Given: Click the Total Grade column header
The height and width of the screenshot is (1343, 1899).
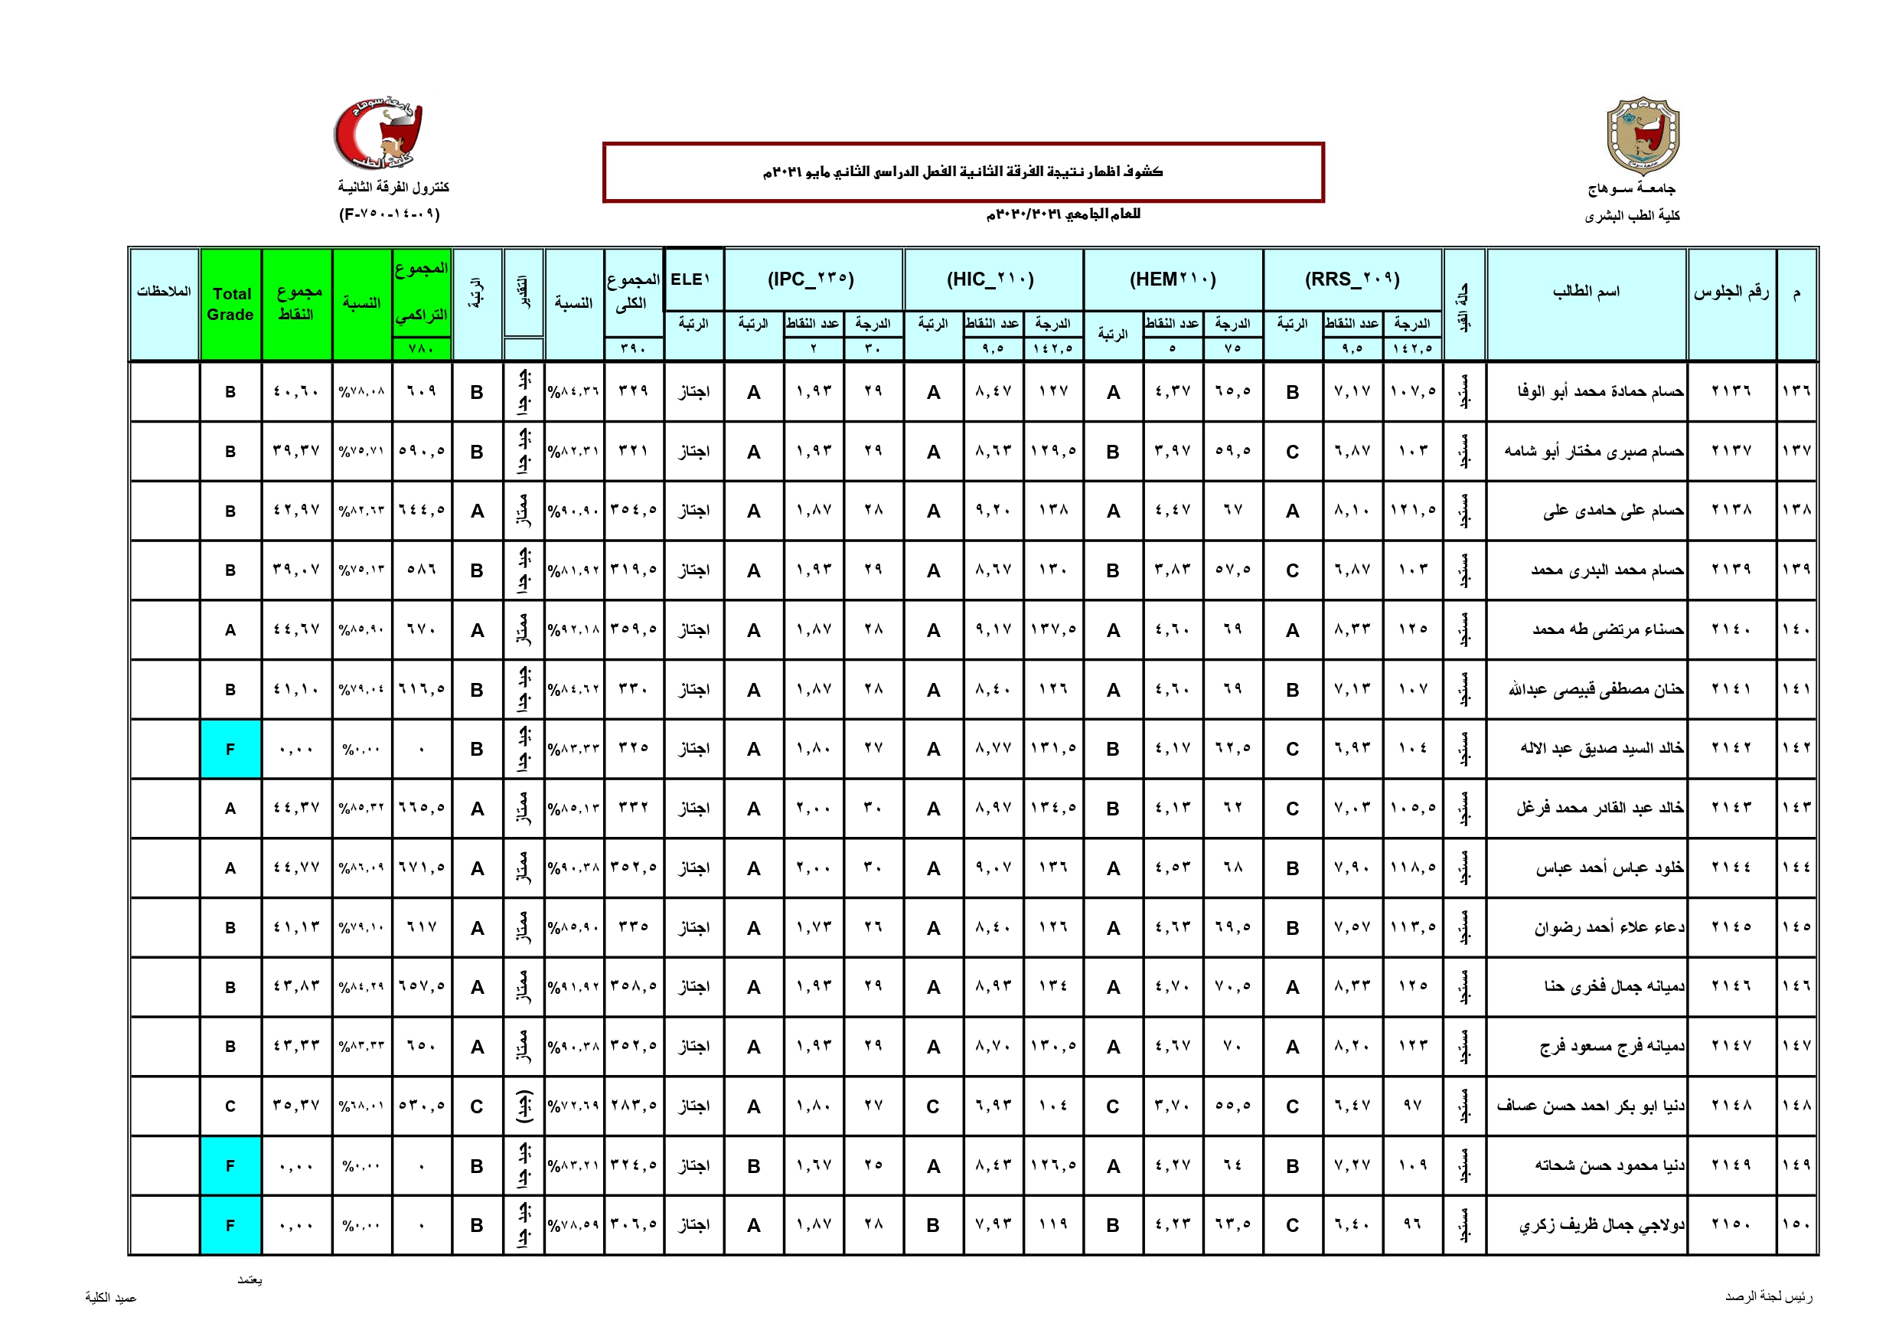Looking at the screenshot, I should tap(230, 304).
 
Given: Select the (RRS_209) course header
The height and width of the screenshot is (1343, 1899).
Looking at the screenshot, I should tap(1352, 279).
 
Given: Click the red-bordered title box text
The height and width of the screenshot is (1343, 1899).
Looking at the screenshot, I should tap(963, 172).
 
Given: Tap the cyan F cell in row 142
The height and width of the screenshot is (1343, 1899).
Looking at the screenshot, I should tap(230, 749).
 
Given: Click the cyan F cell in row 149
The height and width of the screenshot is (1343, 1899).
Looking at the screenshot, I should tap(230, 1166).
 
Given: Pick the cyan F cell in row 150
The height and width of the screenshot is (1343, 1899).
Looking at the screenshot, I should tap(230, 1226).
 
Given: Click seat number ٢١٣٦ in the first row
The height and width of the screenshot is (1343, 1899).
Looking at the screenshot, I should tap(1731, 391).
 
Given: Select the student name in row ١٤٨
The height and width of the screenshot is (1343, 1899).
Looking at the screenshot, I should tap(1591, 1106).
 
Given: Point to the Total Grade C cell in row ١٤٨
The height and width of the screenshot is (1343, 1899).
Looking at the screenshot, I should tap(230, 1106).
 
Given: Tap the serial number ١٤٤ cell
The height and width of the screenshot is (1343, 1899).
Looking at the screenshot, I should tap(1796, 868).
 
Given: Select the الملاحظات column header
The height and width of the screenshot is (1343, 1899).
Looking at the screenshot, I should tap(164, 291).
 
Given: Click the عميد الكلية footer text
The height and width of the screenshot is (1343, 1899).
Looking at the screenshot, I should tap(111, 1298).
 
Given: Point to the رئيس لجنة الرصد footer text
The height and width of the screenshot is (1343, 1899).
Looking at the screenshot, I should tap(1768, 1296).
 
